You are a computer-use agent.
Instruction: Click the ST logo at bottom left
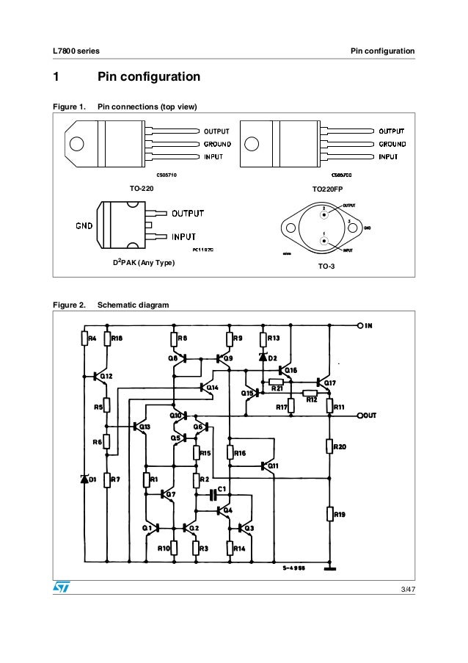(59, 587)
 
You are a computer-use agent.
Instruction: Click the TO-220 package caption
(142, 189)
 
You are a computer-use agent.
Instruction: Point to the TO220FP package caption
(327, 189)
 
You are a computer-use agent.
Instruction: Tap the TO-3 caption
(326, 267)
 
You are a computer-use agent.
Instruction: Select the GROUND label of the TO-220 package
(217, 144)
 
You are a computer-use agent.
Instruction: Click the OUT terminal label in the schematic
(369, 416)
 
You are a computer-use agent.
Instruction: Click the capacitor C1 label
(223, 488)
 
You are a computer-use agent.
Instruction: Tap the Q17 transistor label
(330, 383)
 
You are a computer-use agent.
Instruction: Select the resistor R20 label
(340, 446)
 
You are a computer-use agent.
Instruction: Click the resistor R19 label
(340, 515)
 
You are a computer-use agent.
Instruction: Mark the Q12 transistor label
(106, 376)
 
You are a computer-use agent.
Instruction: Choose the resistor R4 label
(92, 338)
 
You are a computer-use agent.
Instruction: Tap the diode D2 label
(272, 358)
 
